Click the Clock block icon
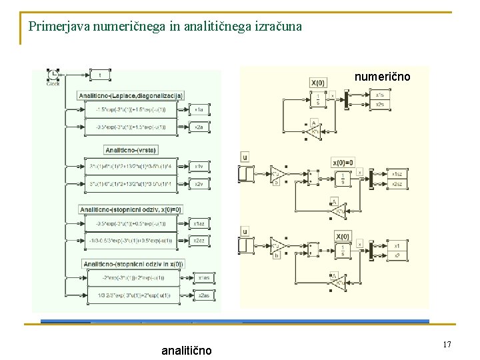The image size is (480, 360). (x=53, y=75)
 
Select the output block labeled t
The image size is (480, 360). (x=101, y=75)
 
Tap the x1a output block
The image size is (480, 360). (x=198, y=109)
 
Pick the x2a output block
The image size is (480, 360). (x=198, y=126)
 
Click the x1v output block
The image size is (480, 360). (x=199, y=166)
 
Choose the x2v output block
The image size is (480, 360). (x=199, y=183)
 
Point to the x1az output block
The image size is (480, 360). (x=199, y=223)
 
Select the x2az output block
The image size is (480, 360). (x=199, y=240)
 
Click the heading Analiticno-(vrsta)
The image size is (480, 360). (x=131, y=150)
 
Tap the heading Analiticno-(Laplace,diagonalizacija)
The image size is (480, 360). (x=131, y=95)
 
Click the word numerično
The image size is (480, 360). (x=382, y=77)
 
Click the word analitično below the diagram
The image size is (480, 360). (x=187, y=350)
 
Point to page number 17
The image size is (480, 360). (x=447, y=345)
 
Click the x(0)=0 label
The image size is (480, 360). (x=343, y=162)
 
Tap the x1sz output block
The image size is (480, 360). (x=397, y=174)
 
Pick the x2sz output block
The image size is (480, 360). (x=397, y=183)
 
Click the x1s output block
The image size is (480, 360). (x=379, y=95)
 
